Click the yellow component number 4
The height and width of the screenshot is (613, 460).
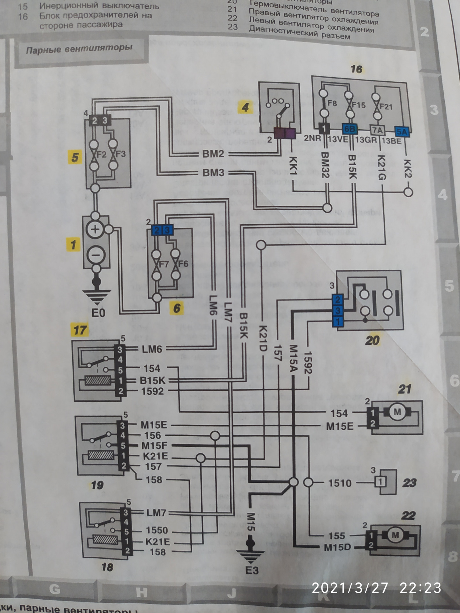coord(245,107)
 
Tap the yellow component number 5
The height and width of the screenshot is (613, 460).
coord(75,157)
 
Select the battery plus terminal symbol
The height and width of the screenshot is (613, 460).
coord(95,229)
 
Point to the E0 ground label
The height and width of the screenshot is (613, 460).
coord(98,313)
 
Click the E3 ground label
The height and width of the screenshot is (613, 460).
coord(252,570)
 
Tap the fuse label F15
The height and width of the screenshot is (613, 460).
coord(359,105)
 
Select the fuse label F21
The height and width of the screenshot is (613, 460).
coord(386,106)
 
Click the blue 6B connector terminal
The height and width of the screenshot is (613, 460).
coord(349,129)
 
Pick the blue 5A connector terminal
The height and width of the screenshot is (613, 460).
coord(402,131)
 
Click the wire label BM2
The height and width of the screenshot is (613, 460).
coord(213,154)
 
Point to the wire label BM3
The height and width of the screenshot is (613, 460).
coord(213,173)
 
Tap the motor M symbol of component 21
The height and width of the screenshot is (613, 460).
coord(397,412)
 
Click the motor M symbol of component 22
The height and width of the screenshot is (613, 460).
coord(395,535)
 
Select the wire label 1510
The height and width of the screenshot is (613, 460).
coord(340,483)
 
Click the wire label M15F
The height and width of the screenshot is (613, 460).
coord(154,445)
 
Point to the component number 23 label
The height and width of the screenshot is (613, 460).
coord(409,483)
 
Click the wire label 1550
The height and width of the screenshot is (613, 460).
coord(157,530)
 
